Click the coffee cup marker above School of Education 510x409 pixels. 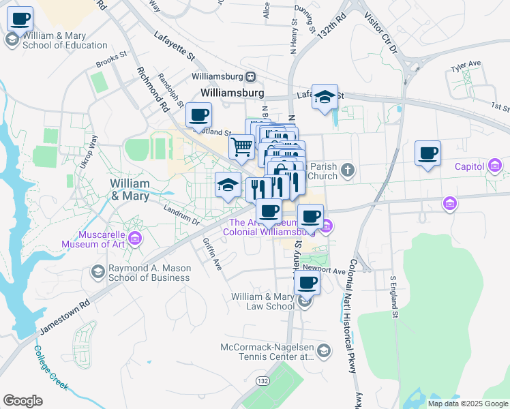pyautogui.click(x=20, y=18)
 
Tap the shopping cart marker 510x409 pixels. pyautogui.click(x=241, y=146)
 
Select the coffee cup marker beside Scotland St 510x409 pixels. pyautogui.click(x=198, y=115)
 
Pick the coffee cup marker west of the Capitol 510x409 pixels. pyautogui.click(x=427, y=153)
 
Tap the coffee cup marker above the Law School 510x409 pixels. pyautogui.click(x=307, y=282)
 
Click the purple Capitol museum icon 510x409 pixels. pyautogui.click(x=495, y=166)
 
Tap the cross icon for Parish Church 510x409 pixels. pyautogui.click(x=348, y=170)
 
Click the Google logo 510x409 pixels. pyautogui.click(x=22, y=401)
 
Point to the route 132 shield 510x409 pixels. pyautogui.click(x=263, y=380)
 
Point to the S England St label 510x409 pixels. pyautogui.click(x=393, y=297)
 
